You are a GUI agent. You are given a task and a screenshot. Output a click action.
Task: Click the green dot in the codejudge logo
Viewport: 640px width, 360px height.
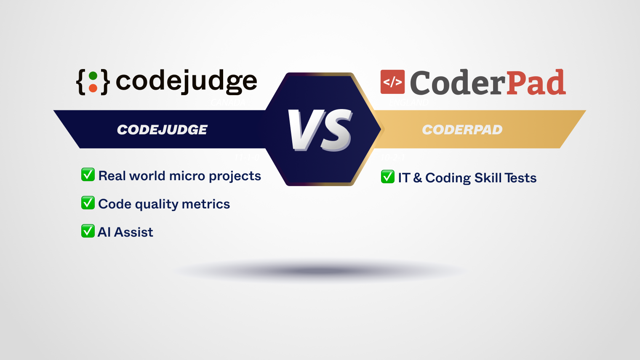pyautogui.click(x=93, y=76)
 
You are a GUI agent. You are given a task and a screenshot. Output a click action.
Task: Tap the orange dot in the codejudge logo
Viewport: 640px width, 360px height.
pyautogui.click(x=93, y=88)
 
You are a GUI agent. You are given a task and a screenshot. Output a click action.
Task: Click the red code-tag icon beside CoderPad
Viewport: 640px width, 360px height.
pyautogui.click(x=392, y=82)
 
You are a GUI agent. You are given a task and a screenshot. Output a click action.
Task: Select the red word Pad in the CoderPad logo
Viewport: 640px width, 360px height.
pyautogui.click(x=536, y=83)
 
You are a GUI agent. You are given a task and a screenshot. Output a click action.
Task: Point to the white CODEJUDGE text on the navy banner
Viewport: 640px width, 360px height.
pyautogui.click(x=162, y=130)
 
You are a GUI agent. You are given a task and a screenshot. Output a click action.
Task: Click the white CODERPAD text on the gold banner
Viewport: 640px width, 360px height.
pyautogui.click(x=462, y=130)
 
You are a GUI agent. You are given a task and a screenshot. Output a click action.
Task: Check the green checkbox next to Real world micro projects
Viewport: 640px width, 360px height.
pyautogui.click(x=88, y=174)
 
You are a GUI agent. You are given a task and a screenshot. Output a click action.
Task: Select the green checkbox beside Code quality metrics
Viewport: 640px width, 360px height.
pyautogui.click(x=88, y=203)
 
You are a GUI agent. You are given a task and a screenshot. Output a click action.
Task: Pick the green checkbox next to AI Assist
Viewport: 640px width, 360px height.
pyautogui.click(x=88, y=231)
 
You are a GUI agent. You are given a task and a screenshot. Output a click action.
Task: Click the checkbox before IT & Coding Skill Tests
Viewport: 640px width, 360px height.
pyautogui.click(x=388, y=176)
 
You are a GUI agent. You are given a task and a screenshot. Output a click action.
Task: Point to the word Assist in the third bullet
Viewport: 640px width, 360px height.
pyautogui.click(x=134, y=232)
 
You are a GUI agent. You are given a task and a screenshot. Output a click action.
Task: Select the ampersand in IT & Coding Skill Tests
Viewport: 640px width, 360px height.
pyautogui.click(x=417, y=178)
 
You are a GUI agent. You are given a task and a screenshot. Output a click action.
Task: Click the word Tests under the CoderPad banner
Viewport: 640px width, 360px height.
pyautogui.click(x=521, y=178)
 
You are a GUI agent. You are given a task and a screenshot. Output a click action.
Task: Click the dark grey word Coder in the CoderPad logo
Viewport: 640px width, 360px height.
pyautogui.click(x=457, y=83)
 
